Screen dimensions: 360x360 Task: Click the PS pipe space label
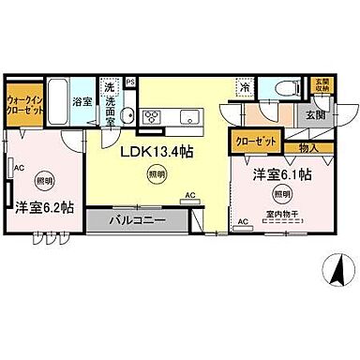[x=130, y=82]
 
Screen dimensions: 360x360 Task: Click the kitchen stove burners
[x=152, y=116]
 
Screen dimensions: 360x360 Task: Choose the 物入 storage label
[x=307, y=146]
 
